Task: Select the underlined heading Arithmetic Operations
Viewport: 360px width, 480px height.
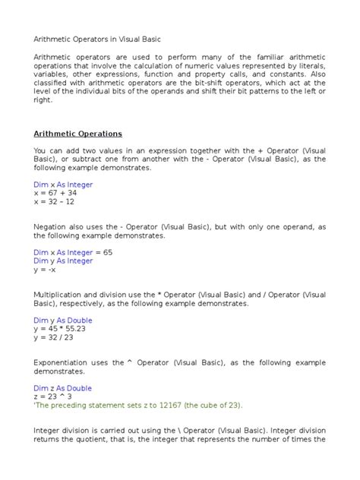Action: tap(78, 134)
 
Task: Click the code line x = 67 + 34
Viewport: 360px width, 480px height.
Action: tap(54, 193)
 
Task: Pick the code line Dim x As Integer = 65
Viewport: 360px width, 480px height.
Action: tap(73, 252)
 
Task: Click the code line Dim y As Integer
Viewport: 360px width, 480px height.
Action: tap(63, 261)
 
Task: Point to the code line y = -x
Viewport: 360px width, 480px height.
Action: tap(43, 270)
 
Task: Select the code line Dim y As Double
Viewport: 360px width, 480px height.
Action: tap(63, 320)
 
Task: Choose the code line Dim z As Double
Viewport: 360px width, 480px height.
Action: tap(63, 387)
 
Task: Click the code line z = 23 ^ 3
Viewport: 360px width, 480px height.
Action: tap(52, 396)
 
